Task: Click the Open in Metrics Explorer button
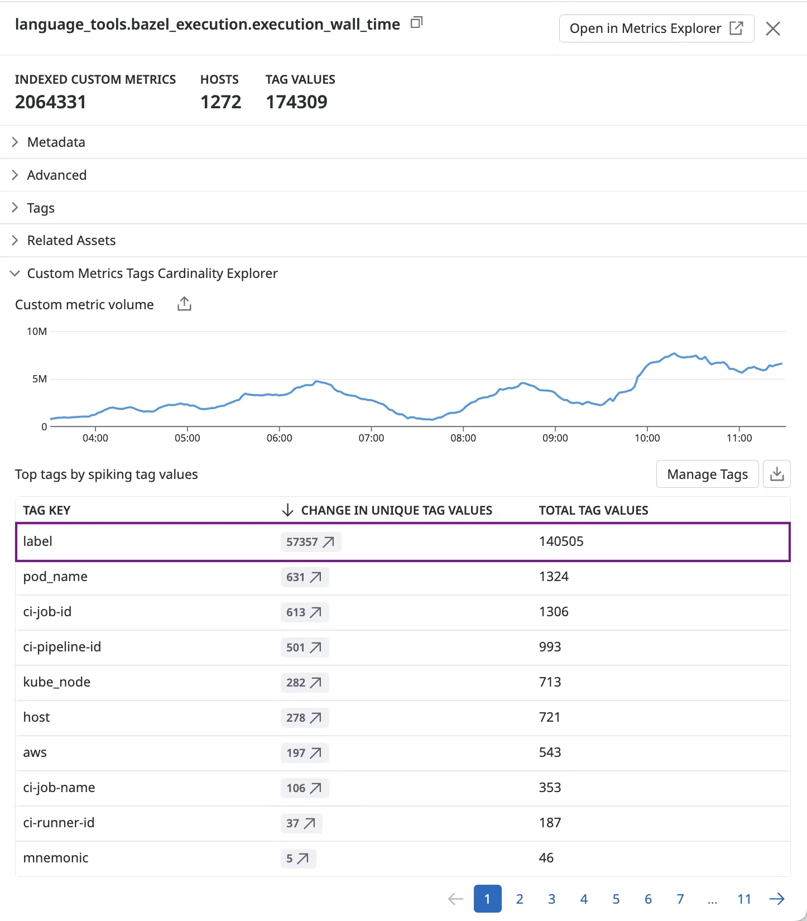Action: pyautogui.click(x=656, y=28)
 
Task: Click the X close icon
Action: pyautogui.click(x=773, y=28)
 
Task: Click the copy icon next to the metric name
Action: pyautogui.click(x=416, y=23)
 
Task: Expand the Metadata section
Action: pyautogui.click(x=56, y=142)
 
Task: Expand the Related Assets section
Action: pyautogui.click(x=71, y=241)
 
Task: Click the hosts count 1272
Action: pyautogui.click(x=220, y=102)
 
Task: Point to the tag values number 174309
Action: pyautogui.click(x=296, y=102)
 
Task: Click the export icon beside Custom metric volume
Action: pyautogui.click(x=184, y=304)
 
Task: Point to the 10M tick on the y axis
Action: pyautogui.click(x=37, y=332)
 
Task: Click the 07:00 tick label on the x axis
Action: pyautogui.click(x=371, y=438)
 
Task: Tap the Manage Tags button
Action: pyautogui.click(x=707, y=474)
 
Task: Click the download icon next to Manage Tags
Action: pyautogui.click(x=777, y=474)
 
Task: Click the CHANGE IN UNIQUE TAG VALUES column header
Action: pyautogui.click(x=396, y=510)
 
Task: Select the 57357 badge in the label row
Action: pyautogui.click(x=310, y=542)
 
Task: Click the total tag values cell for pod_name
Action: pyautogui.click(x=554, y=577)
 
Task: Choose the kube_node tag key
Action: pyautogui.click(x=56, y=682)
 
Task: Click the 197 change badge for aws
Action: pyautogui.click(x=304, y=753)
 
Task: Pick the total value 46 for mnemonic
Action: pyautogui.click(x=546, y=858)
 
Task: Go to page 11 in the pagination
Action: pyautogui.click(x=744, y=899)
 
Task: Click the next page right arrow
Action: pyautogui.click(x=777, y=899)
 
